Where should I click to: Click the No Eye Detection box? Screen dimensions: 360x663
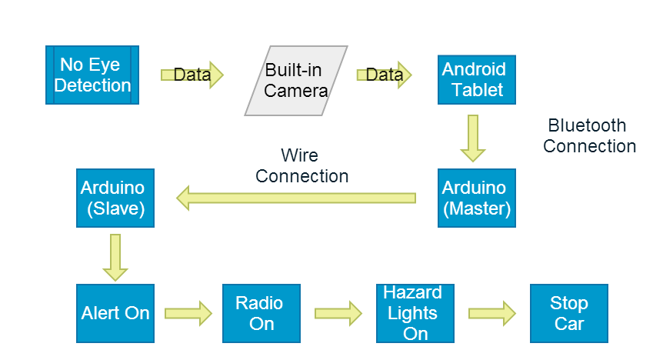[92, 75]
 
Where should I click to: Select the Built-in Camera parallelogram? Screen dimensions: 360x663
[296, 81]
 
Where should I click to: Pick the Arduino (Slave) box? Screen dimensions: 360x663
[115, 198]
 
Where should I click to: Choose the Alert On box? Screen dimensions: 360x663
[115, 313]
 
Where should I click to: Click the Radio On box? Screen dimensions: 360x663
[261, 313]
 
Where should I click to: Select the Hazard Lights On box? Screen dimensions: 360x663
[415, 313]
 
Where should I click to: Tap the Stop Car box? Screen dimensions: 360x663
[569, 313]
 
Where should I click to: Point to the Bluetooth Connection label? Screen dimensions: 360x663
[590, 136]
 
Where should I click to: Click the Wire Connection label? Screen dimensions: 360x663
[302, 166]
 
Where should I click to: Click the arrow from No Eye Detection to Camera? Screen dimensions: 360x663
[192, 75]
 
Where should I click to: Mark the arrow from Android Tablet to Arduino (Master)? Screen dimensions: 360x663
[473, 138]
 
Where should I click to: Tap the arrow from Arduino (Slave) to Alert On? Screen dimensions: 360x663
[115, 257]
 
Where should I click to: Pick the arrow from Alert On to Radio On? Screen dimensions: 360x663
[188, 313]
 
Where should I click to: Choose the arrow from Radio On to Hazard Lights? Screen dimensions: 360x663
[338, 313]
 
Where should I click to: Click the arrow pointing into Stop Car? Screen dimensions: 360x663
[491, 313]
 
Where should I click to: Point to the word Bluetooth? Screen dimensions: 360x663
[587, 125]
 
